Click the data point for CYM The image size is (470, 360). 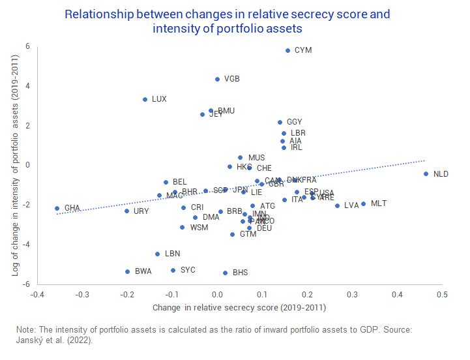(x=287, y=50)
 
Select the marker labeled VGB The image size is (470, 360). (x=217, y=79)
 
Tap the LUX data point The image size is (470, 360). (x=145, y=99)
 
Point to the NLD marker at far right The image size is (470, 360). (x=426, y=173)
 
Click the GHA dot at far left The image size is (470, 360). (x=57, y=208)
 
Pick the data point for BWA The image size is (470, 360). (x=127, y=271)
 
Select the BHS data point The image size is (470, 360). (x=225, y=273)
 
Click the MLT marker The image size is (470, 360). (x=363, y=203)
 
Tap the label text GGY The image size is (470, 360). (x=295, y=122)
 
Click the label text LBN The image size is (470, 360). (x=172, y=254)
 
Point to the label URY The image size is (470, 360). (x=141, y=211)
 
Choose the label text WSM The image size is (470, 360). (x=199, y=228)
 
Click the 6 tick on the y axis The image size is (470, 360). (x=28, y=46)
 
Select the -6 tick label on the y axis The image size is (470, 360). (x=27, y=284)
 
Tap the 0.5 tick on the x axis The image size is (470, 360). (x=442, y=294)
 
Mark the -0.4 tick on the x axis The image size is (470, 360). (x=37, y=294)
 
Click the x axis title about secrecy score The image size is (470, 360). (x=239, y=307)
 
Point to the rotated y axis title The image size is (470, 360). (x=15, y=165)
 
